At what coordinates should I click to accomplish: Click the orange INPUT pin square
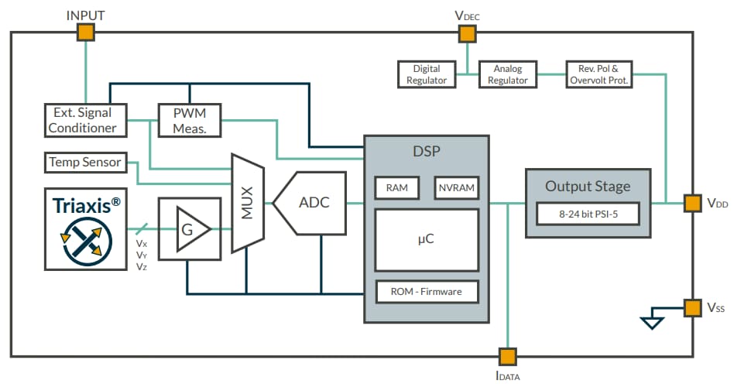click(x=85, y=32)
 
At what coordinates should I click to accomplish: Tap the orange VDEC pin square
click(x=467, y=33)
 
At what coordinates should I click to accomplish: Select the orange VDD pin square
click(x=692, y=204)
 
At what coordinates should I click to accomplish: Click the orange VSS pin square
click(x=692, y=307)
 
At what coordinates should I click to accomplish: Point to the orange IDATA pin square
click(x=507, y=356)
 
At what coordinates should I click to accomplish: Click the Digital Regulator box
click(x=426, y=74)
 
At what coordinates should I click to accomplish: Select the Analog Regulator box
click(x=508, y=74)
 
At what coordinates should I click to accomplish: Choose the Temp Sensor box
click(x=85, y=162)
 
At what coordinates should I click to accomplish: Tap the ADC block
click(x=308, y=204)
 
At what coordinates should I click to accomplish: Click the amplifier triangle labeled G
click(x=188, y=228)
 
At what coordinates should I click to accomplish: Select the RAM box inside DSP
click(x=396, y=187)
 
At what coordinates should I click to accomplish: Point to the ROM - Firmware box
click(x=427, y=292)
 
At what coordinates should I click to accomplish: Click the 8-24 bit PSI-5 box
click(x=588, y=213)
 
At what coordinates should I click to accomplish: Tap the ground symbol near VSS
click(x=653, y=321)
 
